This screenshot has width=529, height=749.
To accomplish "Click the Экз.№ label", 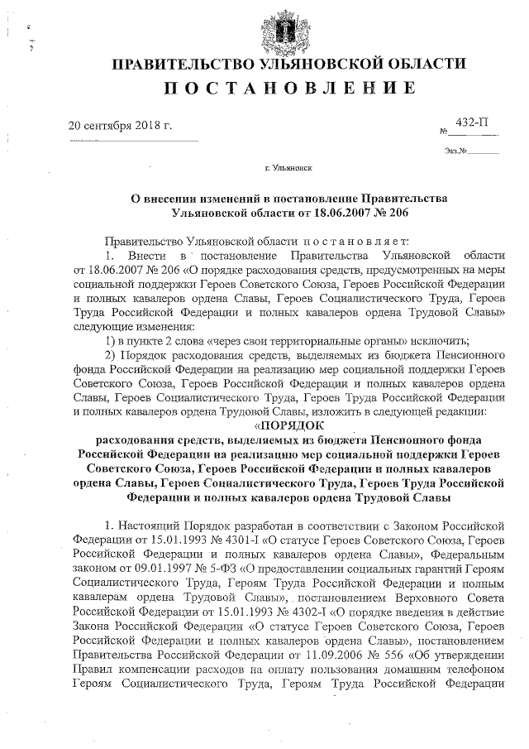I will coord(455,151).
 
